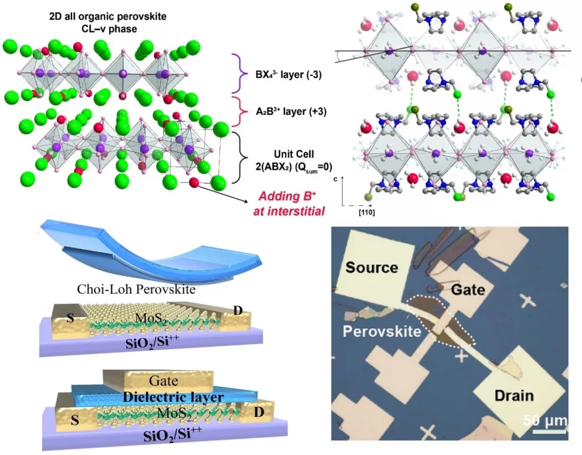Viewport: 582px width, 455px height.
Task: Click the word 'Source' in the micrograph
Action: coord(372,267)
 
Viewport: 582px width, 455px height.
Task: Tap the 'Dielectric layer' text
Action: coord(164,398)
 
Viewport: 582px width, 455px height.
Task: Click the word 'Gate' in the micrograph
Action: coord(468,290)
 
